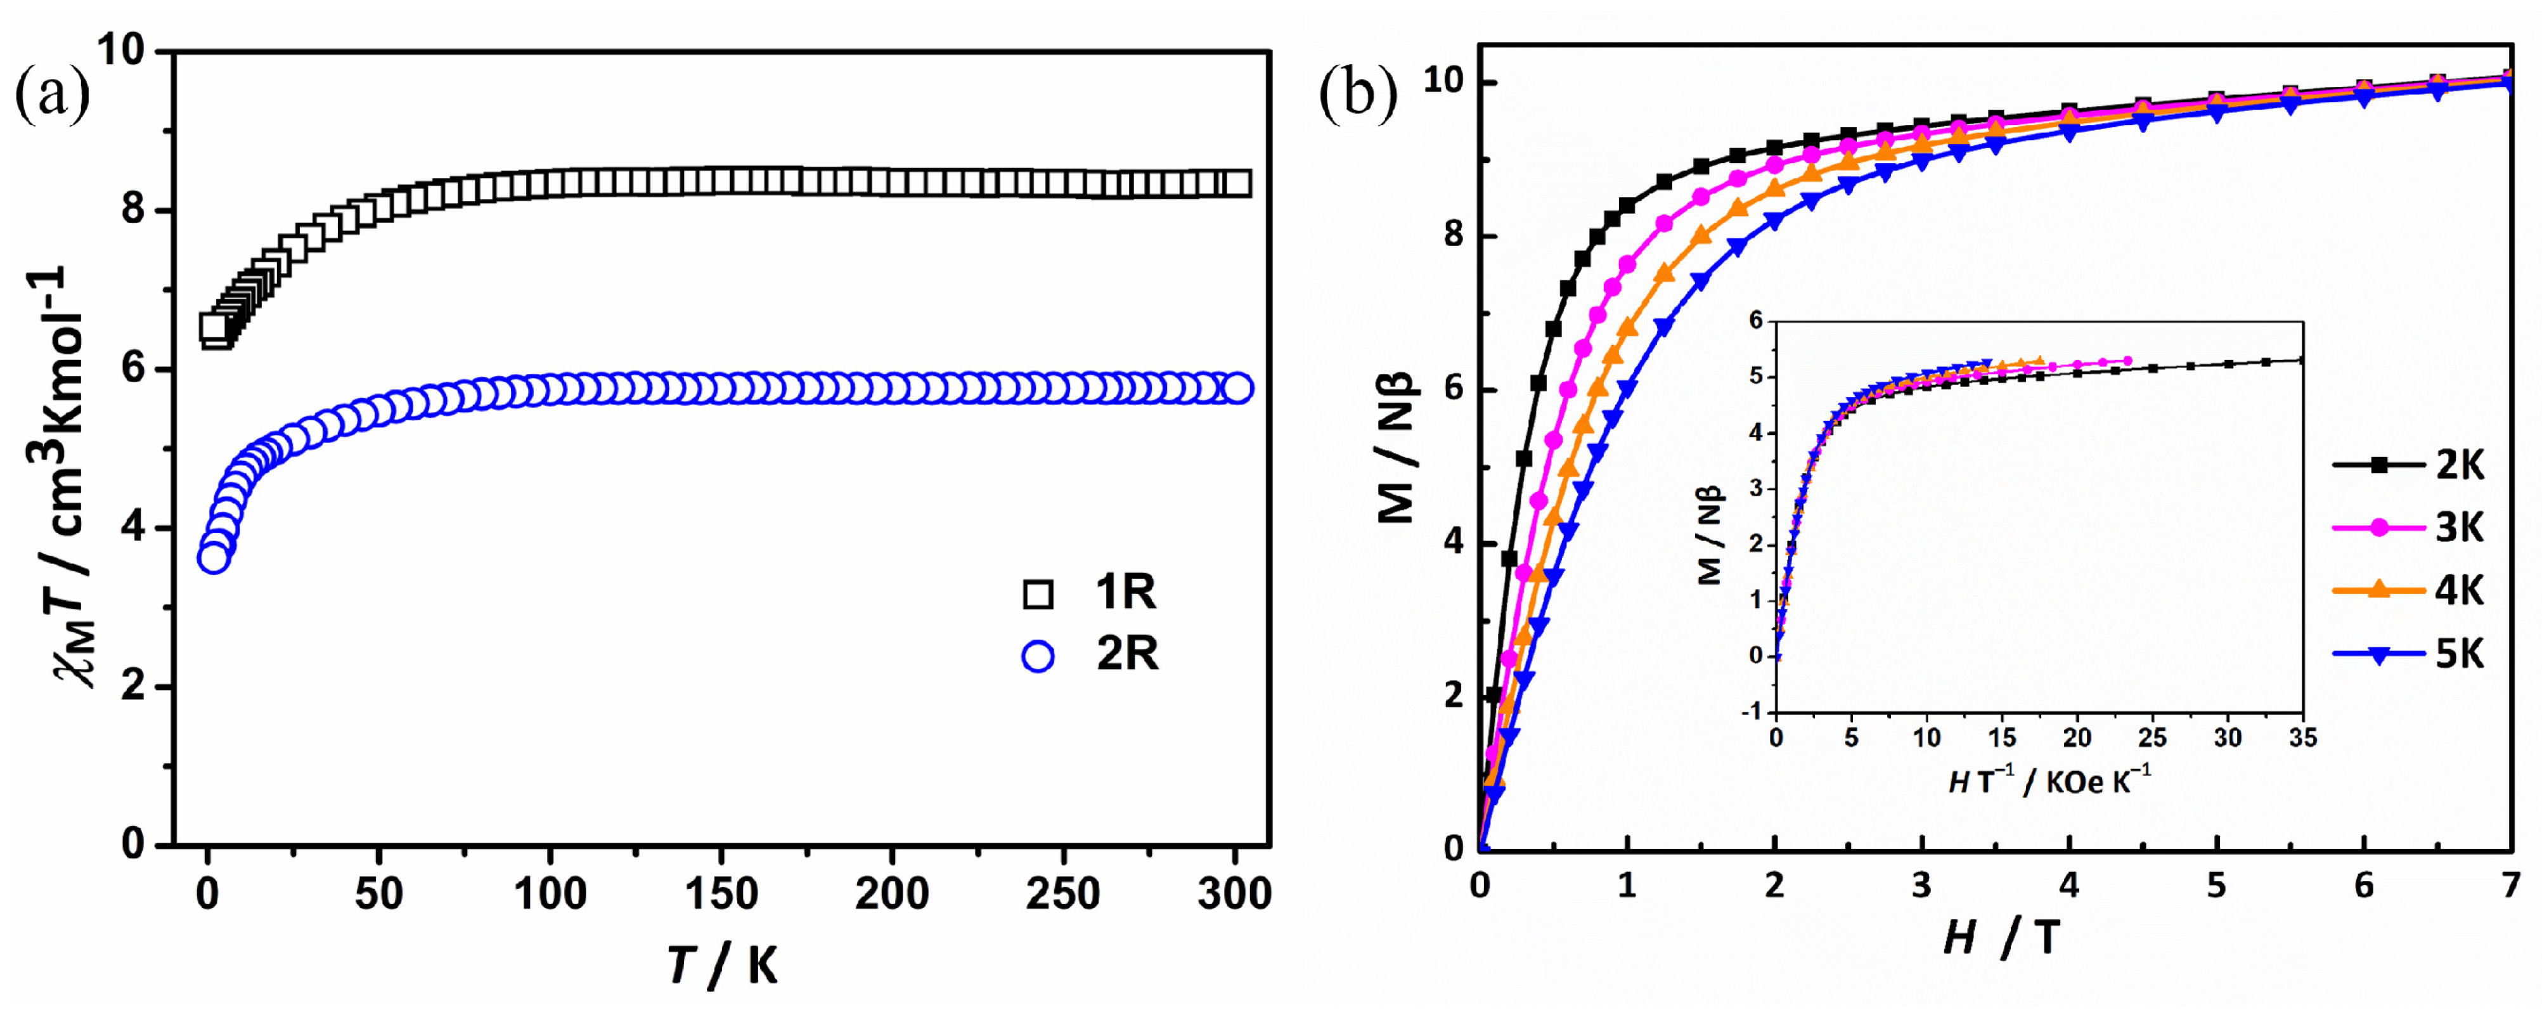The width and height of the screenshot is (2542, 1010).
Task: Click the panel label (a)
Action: click(51, 96)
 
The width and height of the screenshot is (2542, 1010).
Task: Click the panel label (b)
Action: click(1358, 96)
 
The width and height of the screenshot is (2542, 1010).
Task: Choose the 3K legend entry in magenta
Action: click(2459, 528)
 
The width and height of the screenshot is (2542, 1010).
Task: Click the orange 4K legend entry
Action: click(2459, 590)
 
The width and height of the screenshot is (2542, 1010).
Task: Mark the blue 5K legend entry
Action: click(2459, 654)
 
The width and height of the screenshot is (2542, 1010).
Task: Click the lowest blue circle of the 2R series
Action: click(213, 558)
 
